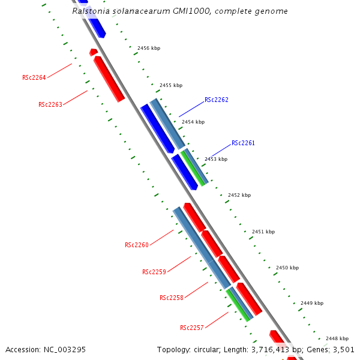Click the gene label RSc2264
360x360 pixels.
click(34, 77)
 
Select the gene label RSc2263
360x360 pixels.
click(50, 104)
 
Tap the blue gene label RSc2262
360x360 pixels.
click(217, 100)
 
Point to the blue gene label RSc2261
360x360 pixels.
click(243, 143)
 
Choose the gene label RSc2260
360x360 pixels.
click(136, 245)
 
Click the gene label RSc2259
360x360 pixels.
click(154, 272)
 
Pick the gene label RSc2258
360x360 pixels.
click(171, 298)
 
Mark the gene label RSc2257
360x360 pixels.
click(191, 328)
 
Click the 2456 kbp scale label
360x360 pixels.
click(149, 48)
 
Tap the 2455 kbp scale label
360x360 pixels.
click(171, 85)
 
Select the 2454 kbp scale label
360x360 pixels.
click(193, 122)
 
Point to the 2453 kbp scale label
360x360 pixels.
click(216, 159)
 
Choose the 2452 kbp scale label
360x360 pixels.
click(239, 195)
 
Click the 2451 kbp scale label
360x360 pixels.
click(263, 232)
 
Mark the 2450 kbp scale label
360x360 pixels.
click(287, 268)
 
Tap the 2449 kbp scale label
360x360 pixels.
click(312, 303)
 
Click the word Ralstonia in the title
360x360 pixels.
click(90, 11)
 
